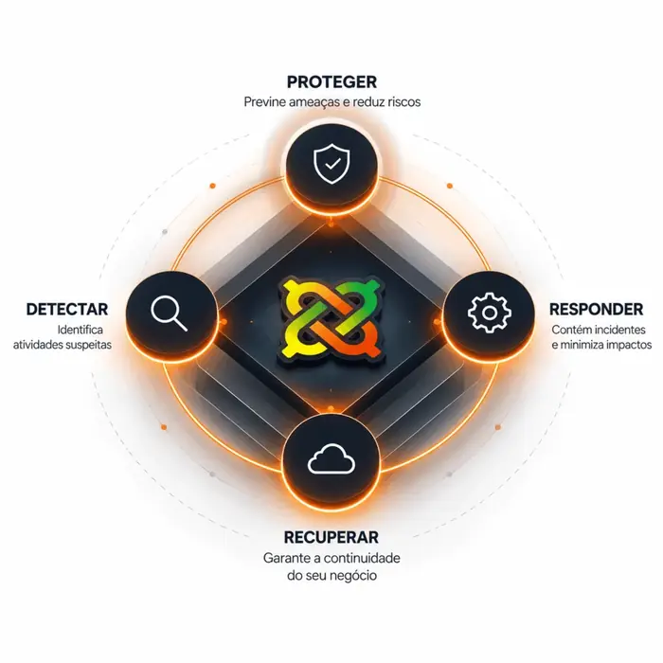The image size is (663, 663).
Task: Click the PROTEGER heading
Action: (x=331, y=82)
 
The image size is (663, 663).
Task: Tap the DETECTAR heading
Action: (x=67, y=309)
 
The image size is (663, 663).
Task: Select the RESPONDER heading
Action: (x=596, y=309)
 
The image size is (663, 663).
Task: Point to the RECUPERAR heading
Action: (x=331, y=537)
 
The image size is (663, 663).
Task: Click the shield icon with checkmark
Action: (x=331, y=164)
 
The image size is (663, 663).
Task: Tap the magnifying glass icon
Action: (x=170, y=313)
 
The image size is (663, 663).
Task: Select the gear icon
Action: (x=490, y=313)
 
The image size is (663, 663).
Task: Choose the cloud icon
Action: (x=331, y=458)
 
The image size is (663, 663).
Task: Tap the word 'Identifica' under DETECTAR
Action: (x=80, y=330)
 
